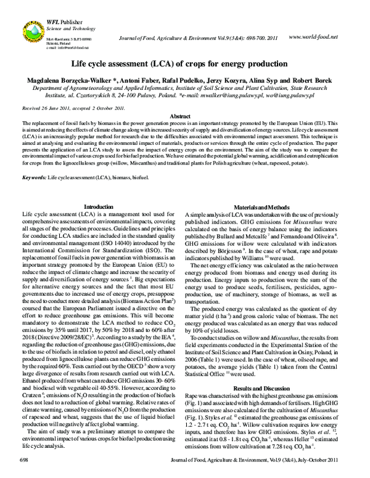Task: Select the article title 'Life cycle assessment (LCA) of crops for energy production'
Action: click(185, 63)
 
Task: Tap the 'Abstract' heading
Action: click(184, 116)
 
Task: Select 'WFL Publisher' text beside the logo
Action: click(59, 22)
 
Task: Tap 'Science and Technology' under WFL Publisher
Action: click(67, 28)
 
